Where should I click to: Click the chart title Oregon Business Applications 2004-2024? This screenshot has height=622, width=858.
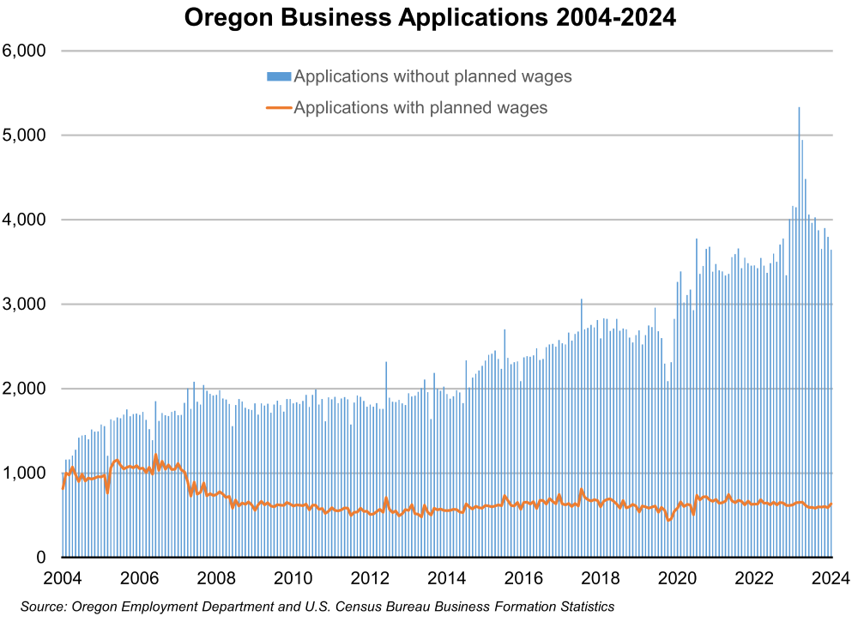[x=429, y=18]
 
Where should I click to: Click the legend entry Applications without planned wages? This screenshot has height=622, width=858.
[x=432, y=76]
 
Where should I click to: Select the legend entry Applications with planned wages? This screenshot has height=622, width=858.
[x=420, y=108]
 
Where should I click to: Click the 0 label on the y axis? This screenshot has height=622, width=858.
[x=39, y=558]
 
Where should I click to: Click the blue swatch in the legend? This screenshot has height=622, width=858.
[x=280, y=76]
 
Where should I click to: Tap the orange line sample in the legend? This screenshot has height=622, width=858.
[x=280, y=108]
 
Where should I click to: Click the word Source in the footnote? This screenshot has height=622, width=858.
[x=42, y=607]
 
